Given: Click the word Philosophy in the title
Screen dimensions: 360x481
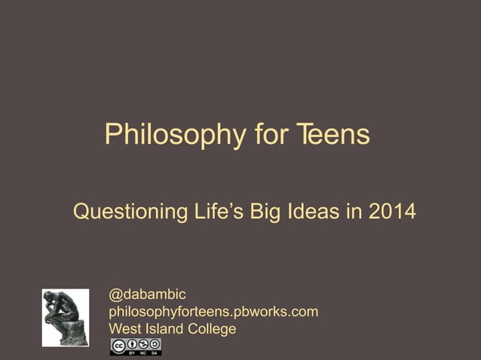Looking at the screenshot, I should tap(175, 136).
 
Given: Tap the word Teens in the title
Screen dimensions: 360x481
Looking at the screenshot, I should tap(332, 136).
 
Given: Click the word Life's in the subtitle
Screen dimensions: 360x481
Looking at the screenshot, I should tap(223, 212).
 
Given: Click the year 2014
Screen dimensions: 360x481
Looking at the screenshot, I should tap(391, 212).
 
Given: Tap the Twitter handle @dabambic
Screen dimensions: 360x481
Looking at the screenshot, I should tap(148, 294).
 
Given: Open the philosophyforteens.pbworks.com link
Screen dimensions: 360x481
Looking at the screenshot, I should tap(213, 311).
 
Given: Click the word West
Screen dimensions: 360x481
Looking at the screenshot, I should tap(125, 329).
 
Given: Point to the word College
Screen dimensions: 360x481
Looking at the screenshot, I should tap(213, 329).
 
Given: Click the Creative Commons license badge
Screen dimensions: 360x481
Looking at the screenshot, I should tap(136, 346).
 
